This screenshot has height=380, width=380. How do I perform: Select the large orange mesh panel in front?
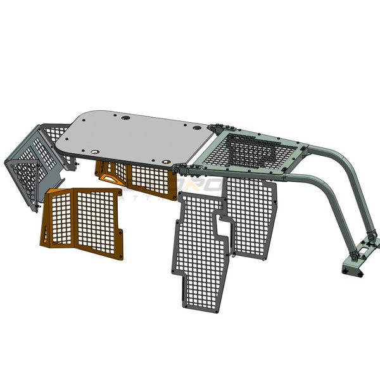[82, 222]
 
